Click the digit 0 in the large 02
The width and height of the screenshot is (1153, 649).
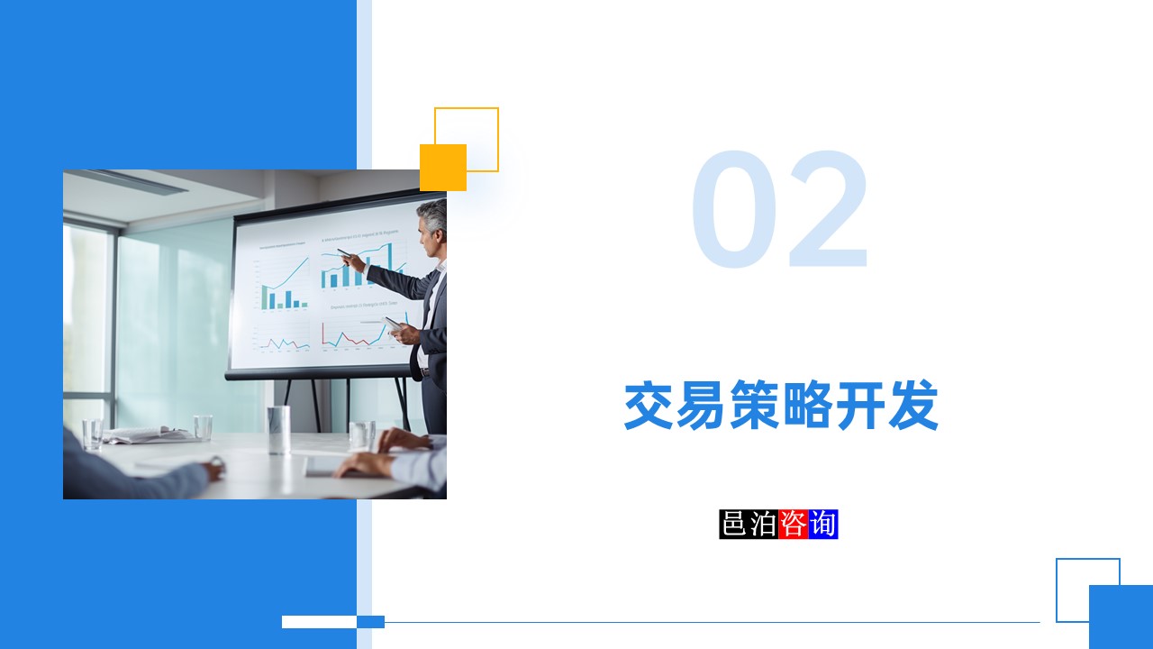tap(734, 211)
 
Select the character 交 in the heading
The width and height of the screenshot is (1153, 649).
tap(650, 407)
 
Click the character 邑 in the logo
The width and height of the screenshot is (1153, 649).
tap(734, 524)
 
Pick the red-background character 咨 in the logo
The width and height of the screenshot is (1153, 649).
tap(793, 524)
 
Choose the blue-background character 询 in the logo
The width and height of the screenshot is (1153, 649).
tap(822, 524)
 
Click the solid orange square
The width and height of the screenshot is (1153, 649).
tap(442, 168)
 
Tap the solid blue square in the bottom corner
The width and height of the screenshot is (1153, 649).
tap(1121, 617)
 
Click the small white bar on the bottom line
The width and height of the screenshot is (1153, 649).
tap(319, 621)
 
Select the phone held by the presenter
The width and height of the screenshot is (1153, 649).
tap(393, 323)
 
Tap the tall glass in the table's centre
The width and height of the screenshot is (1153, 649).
tap(279, 429)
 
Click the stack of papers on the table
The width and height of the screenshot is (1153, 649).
tap(149, 434)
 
